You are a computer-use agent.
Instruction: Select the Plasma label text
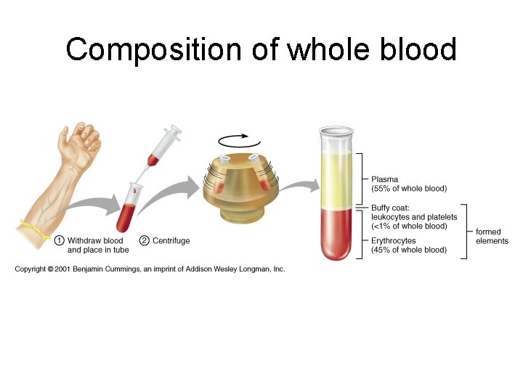click(385, 179)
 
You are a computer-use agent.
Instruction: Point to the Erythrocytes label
click(394, 241)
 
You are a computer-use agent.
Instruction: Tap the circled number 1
click(60, 240)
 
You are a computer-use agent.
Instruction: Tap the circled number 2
click(144, 240)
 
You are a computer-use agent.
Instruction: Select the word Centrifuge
click(171, 240)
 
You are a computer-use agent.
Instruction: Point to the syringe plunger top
click(174, 131)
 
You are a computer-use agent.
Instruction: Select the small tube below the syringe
click(131, 203)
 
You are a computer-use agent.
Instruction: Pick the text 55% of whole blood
click(409, 189)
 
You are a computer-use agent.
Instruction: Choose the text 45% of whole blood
click(409, 250)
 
